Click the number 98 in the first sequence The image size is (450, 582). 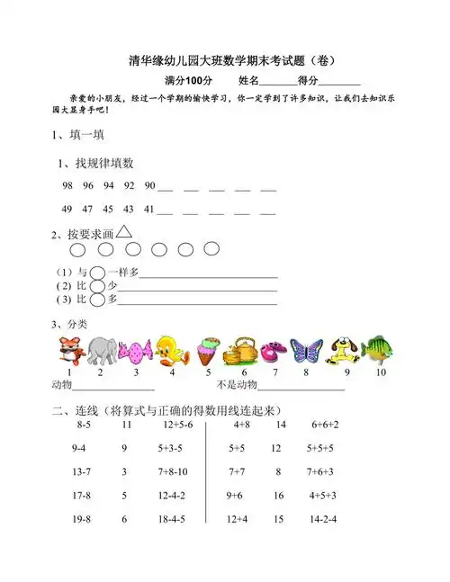click(67, 185)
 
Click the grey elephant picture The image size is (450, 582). click(102, 349)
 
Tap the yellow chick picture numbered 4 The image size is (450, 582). click(172, 349)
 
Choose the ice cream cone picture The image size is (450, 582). click(208, 349)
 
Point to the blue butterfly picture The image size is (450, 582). click(306, 349)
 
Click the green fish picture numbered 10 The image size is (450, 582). click(379, 349)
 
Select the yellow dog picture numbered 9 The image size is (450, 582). click(345, 349)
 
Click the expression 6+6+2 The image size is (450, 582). click(325, 424)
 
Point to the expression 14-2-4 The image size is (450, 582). click(322, 519)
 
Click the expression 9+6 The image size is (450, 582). click(235, 495)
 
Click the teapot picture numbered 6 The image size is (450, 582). click(240, 349)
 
